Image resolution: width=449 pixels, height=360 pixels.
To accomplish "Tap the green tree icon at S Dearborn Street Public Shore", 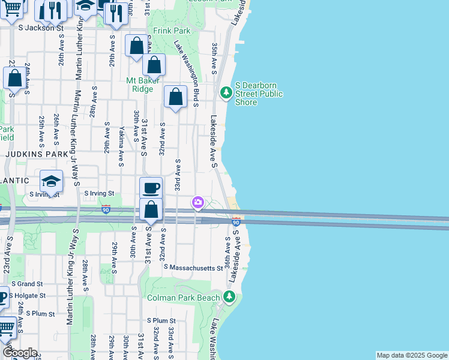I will [226, 92].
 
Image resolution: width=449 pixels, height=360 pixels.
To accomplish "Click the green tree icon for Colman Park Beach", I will [229, 296].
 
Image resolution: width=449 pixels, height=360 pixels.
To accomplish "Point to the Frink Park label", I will [172, 30].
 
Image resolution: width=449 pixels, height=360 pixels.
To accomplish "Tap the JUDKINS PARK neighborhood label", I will [38, 154].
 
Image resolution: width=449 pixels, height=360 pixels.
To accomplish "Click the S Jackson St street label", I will [41, 28].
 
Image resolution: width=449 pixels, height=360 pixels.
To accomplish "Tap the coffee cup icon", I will [151, 188].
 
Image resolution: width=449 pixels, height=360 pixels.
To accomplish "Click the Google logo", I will [20, 353].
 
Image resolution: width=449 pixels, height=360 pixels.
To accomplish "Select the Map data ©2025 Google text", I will [412, 355].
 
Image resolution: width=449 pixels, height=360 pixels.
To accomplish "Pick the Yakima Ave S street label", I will [121, 149].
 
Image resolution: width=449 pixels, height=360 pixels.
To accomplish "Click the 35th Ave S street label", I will [214, 58].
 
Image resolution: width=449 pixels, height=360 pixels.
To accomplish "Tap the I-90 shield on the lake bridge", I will [237, 222].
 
